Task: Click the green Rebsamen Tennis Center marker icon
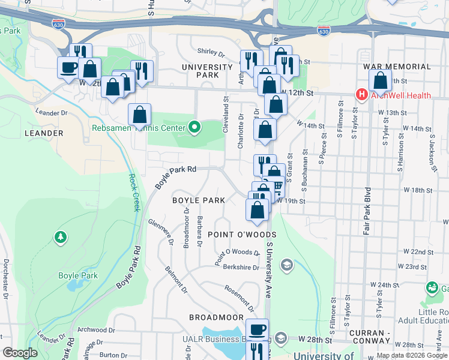194,127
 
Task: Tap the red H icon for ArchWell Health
361,95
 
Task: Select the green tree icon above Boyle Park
60,238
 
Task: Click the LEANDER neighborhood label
43,133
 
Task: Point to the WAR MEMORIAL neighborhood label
391,67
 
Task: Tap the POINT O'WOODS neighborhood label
242,234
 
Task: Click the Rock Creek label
133,193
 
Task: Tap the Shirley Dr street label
211,53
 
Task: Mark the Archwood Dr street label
96,329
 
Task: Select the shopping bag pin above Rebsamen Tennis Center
139,115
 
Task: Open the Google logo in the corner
20,353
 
